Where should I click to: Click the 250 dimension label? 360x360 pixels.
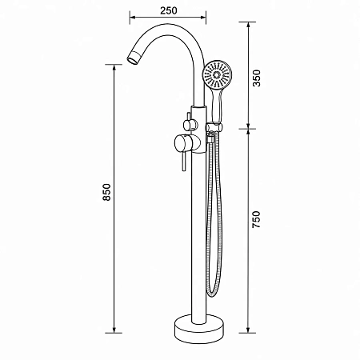click(x=168, y=10)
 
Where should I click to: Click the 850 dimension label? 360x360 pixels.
click(x=106, y=192)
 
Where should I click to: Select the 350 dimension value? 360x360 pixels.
click(x=257, y=78)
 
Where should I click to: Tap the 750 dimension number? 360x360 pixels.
click(x=257, y=219)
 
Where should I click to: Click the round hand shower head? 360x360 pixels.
click(x=217, y=74)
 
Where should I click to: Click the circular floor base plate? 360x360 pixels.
click(x=199, y=329)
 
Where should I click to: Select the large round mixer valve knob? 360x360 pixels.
click(x=186, y=145)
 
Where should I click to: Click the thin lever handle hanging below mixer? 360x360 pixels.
click(x=183, y=162)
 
